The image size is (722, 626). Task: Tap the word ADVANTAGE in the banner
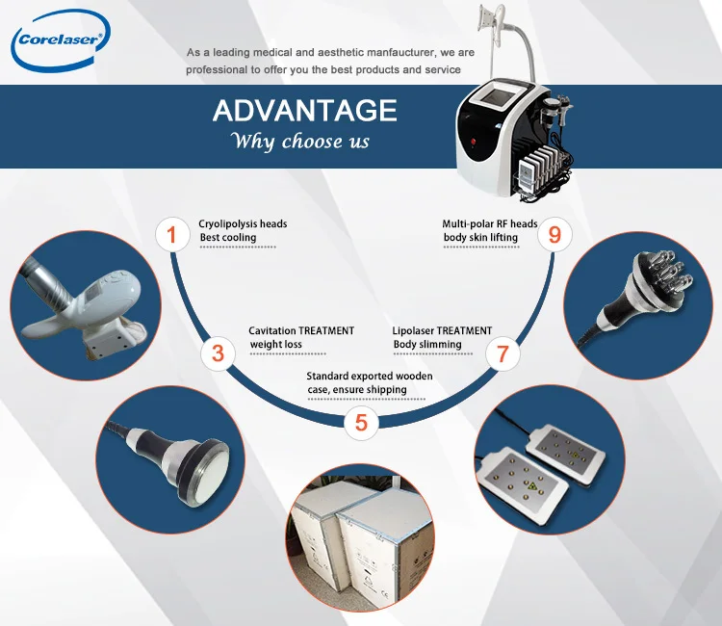[x=304, y=111]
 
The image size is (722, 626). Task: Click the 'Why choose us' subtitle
[x=300, y=142]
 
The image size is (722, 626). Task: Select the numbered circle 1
[x=172, y=234]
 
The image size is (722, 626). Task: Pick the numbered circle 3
[x=219, y=353]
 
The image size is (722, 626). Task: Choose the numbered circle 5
[x=361, y=422]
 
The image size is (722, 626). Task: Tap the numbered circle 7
[x=503, y=353]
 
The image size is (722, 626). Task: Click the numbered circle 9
[x=554, y=234]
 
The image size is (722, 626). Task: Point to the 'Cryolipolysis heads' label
[x=243, y=223]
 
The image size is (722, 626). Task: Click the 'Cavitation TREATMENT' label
[x=301, y=330]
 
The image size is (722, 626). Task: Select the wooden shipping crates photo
[x=361, y=549]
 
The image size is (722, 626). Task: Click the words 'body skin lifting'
[x=480, y=237]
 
